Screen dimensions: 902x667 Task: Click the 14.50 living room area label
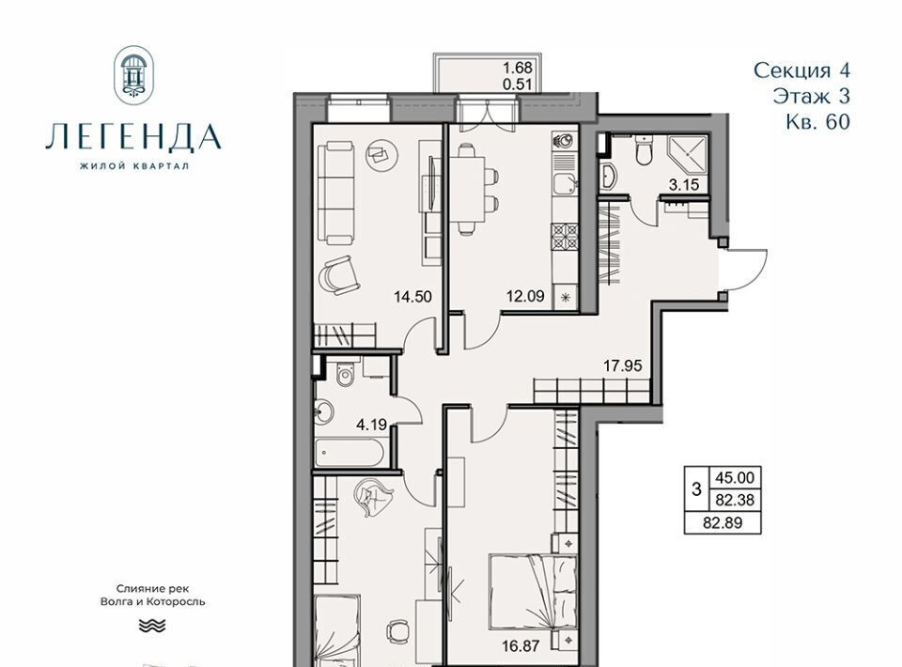412,297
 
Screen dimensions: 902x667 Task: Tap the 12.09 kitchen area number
525,297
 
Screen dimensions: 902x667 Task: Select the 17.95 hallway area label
622,365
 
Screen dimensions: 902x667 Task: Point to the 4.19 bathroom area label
371,426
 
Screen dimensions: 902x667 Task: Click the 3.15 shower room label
683,184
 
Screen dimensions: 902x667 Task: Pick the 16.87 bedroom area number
520,646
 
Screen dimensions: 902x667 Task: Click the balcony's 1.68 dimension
518,68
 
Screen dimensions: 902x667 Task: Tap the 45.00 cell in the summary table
734,478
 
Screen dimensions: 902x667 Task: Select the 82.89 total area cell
723,522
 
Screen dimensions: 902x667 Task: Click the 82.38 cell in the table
734,500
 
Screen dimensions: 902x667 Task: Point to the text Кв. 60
817,122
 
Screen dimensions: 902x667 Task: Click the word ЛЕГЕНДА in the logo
133,137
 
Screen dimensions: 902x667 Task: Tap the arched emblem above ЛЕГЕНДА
134,75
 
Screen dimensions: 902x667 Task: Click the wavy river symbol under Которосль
152,626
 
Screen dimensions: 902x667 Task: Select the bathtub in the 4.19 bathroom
351,453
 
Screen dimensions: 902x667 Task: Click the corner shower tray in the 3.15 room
688,156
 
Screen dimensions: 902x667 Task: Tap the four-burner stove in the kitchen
565,238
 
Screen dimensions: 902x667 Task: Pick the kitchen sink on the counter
565,183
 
